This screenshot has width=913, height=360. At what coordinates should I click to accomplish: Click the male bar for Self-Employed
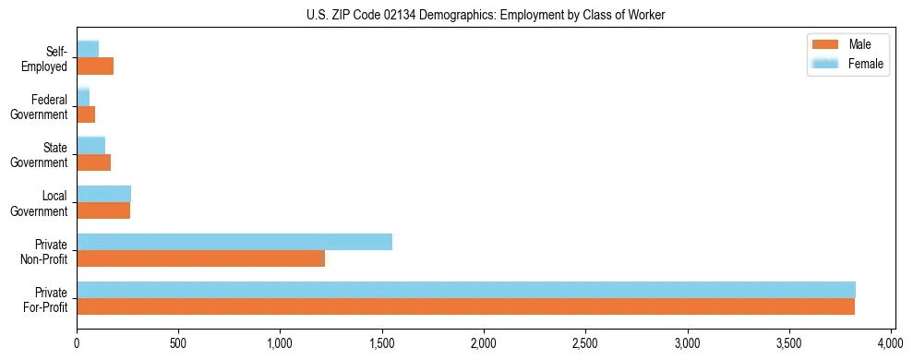(95, 66)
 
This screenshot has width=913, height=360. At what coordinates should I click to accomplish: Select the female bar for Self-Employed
(88, 50)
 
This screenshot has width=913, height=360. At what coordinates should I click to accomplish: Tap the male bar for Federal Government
(86, 114)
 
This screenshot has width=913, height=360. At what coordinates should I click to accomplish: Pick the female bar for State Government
(90, 146)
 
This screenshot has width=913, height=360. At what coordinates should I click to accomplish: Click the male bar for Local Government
(103, 210)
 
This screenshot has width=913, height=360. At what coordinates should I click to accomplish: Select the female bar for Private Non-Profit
(234, 242)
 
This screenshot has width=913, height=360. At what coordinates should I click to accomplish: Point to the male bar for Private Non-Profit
(200, 258)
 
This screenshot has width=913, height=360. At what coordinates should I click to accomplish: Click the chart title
(486, 16)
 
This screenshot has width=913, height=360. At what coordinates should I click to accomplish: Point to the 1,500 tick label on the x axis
(382, 344)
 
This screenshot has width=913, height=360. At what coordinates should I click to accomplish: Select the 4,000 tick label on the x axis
(891, 344)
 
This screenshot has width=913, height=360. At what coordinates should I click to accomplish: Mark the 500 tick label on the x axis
(178, 344)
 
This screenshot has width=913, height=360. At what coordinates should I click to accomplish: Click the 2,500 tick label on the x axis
(586, 344)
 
